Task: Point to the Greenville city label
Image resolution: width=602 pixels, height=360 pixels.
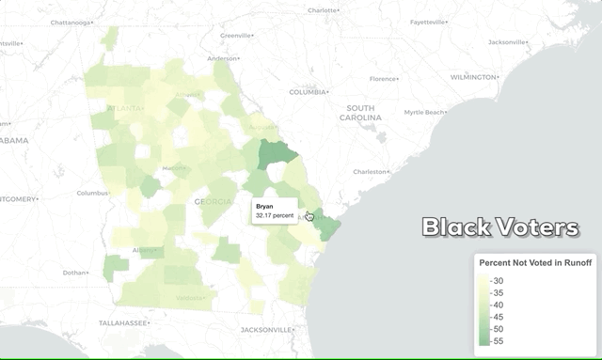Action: pyautogui.click(x=236, y=36)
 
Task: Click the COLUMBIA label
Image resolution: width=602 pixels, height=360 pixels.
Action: pyautogui.click(x=309, y=92)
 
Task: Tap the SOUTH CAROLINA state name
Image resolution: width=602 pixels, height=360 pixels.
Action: pyautogui.click(x=361, y=114)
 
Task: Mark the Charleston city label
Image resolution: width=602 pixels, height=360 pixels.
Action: pyautogui.click(x=371, y=172)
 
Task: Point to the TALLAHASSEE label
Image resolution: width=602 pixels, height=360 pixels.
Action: pyautogui.click(x=124, y=322)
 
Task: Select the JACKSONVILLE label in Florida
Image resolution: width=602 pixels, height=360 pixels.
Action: pyautogui.click(x=267, y=330)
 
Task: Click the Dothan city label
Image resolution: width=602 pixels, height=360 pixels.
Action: pyautogui.click(x=74, y=273)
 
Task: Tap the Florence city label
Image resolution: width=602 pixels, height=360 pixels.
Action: pyautogui.click(x=383, y=79)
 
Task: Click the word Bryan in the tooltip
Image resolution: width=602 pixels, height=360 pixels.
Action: pyautogui.click(x=265, y=205)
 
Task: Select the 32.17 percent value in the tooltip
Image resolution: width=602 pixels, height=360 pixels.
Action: pyautogui.click(x=273, y=216)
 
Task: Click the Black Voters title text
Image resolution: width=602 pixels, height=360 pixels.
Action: pyautogui.click(x=499, y=227)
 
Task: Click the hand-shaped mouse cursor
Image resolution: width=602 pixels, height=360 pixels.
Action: pyautogui.click(x=310, y=217)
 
